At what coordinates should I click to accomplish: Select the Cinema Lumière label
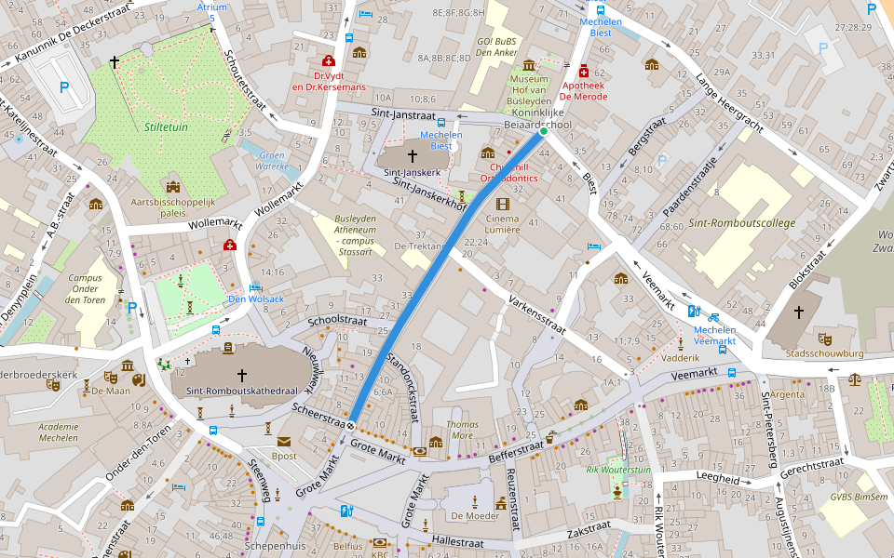[x=503, y=223]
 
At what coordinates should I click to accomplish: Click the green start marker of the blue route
[x=544, y=132]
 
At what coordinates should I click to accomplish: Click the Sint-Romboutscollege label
[x=741, y=223]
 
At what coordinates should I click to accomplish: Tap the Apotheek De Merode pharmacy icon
[x=584, y=71]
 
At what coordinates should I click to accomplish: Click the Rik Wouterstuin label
[x=618, y=470]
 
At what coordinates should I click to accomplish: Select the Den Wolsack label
[x=256, y=299]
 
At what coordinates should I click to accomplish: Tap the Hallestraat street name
[x=461, y=539]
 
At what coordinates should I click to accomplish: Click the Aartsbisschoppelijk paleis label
[x=173, y=206]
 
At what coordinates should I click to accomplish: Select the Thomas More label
[x=463, y=429]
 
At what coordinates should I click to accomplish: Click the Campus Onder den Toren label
[x=85, y=288]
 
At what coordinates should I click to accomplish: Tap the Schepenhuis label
[x=276, y=546]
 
